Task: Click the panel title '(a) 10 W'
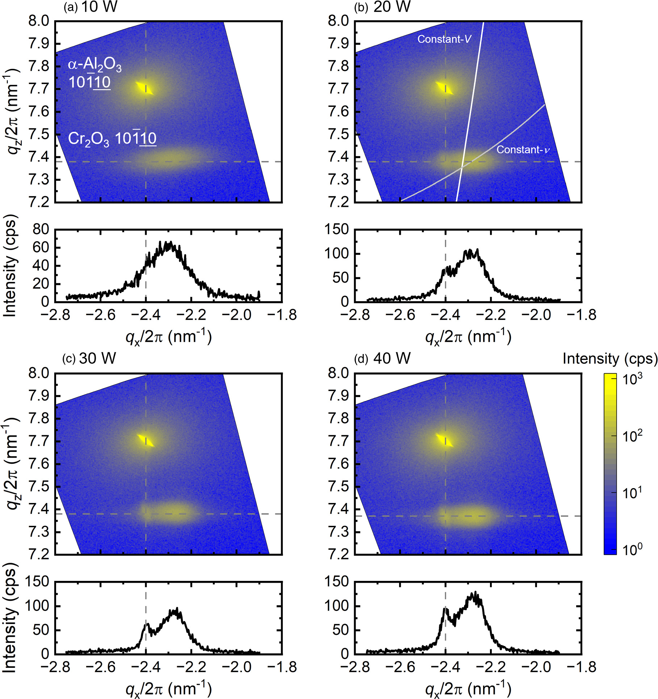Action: point(91,7)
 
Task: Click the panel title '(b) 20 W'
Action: point(382,7)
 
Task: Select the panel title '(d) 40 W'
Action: point(382,358)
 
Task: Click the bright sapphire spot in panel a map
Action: point(145,88)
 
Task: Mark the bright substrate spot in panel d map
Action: point(444,440)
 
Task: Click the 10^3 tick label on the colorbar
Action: point(632,379)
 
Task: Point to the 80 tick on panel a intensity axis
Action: point(41,229)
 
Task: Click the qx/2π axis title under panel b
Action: point(468,337)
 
